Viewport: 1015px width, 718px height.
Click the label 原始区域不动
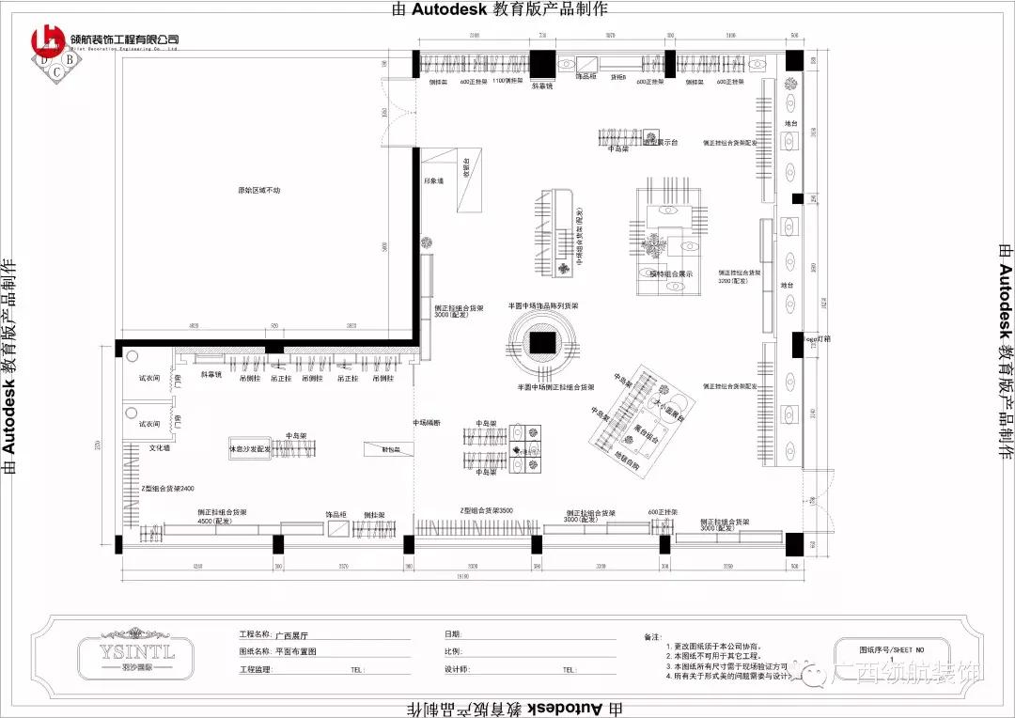(x=258, y=191)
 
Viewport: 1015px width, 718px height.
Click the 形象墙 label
(x=432, y=180)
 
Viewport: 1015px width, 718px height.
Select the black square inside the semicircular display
(x=540, y=343)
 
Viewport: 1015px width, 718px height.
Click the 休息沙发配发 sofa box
(x=249, y=450)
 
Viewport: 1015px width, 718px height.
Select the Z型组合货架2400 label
(x=167, y=489)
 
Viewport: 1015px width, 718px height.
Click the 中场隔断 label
(x=428, y=423)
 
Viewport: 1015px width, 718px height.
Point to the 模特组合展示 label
(x=671, y=273)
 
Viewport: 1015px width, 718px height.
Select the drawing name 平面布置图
(x=296, y=651)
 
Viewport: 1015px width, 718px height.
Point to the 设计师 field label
(x=457, y=670)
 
